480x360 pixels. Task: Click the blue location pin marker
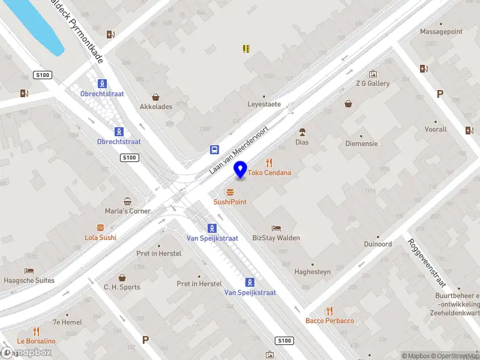(x=241, y=169)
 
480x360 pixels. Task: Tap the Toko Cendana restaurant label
(x=269, y=173)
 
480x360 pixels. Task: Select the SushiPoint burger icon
(x=230, y=192)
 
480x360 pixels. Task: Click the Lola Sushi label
(x=100, y=238)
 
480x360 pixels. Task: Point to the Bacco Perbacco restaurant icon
(x=329, y=310)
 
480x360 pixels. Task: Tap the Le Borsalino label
(x=36, y=341)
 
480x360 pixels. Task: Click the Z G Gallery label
(x=373, y=83)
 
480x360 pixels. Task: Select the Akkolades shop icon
(x=156, y=97)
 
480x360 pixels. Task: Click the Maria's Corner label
(x=128, y=211)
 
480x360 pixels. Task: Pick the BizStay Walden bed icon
(x=276, y=228)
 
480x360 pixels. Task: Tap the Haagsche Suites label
(x=29, y=280)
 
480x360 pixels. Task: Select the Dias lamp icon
(x=302, y=132)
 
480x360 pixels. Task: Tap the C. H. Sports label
(x=122, y=287)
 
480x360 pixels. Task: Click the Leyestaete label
(x=264, y=104)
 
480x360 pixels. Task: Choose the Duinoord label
(x=378, y=244)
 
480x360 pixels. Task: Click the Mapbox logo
(x=27, y=353)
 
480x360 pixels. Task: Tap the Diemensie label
(x=361, y=143)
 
